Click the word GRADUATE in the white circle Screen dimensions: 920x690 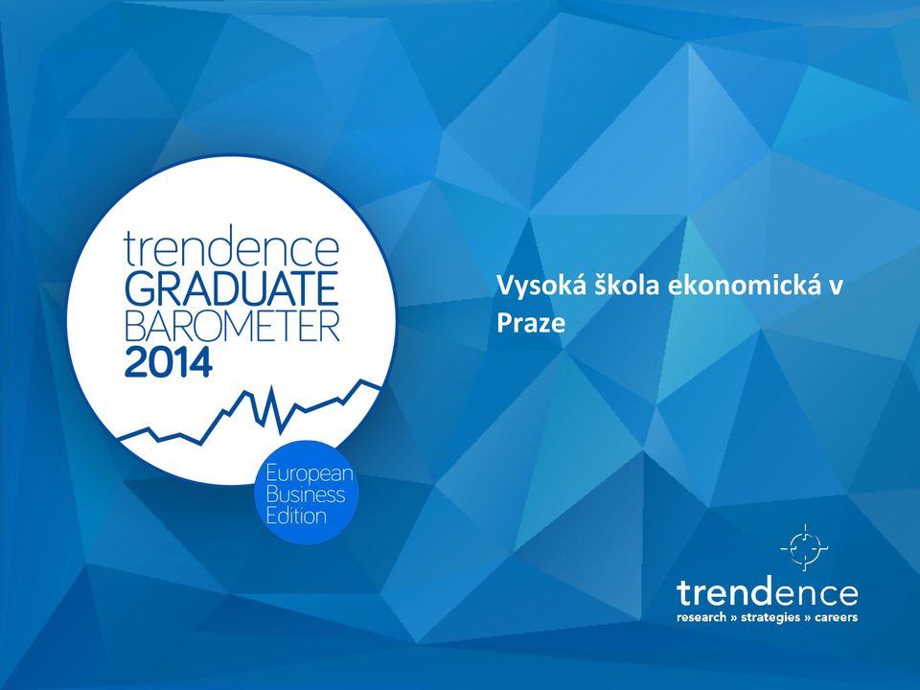(232, 288)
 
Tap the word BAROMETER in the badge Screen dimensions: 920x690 (232, 326)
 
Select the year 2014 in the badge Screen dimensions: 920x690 (169, 362)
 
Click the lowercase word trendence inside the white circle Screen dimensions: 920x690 (232, 249)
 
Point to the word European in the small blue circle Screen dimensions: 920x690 (310, 473)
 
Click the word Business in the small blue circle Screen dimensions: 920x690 (305, 494)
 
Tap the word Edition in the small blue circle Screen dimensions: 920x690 (296, 516)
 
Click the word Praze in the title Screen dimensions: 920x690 (531, 323)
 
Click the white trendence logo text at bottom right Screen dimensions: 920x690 (767, 594)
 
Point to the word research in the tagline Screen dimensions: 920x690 (701, 617)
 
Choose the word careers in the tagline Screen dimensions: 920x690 (836, 617)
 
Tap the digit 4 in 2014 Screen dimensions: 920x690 (200, 362)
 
